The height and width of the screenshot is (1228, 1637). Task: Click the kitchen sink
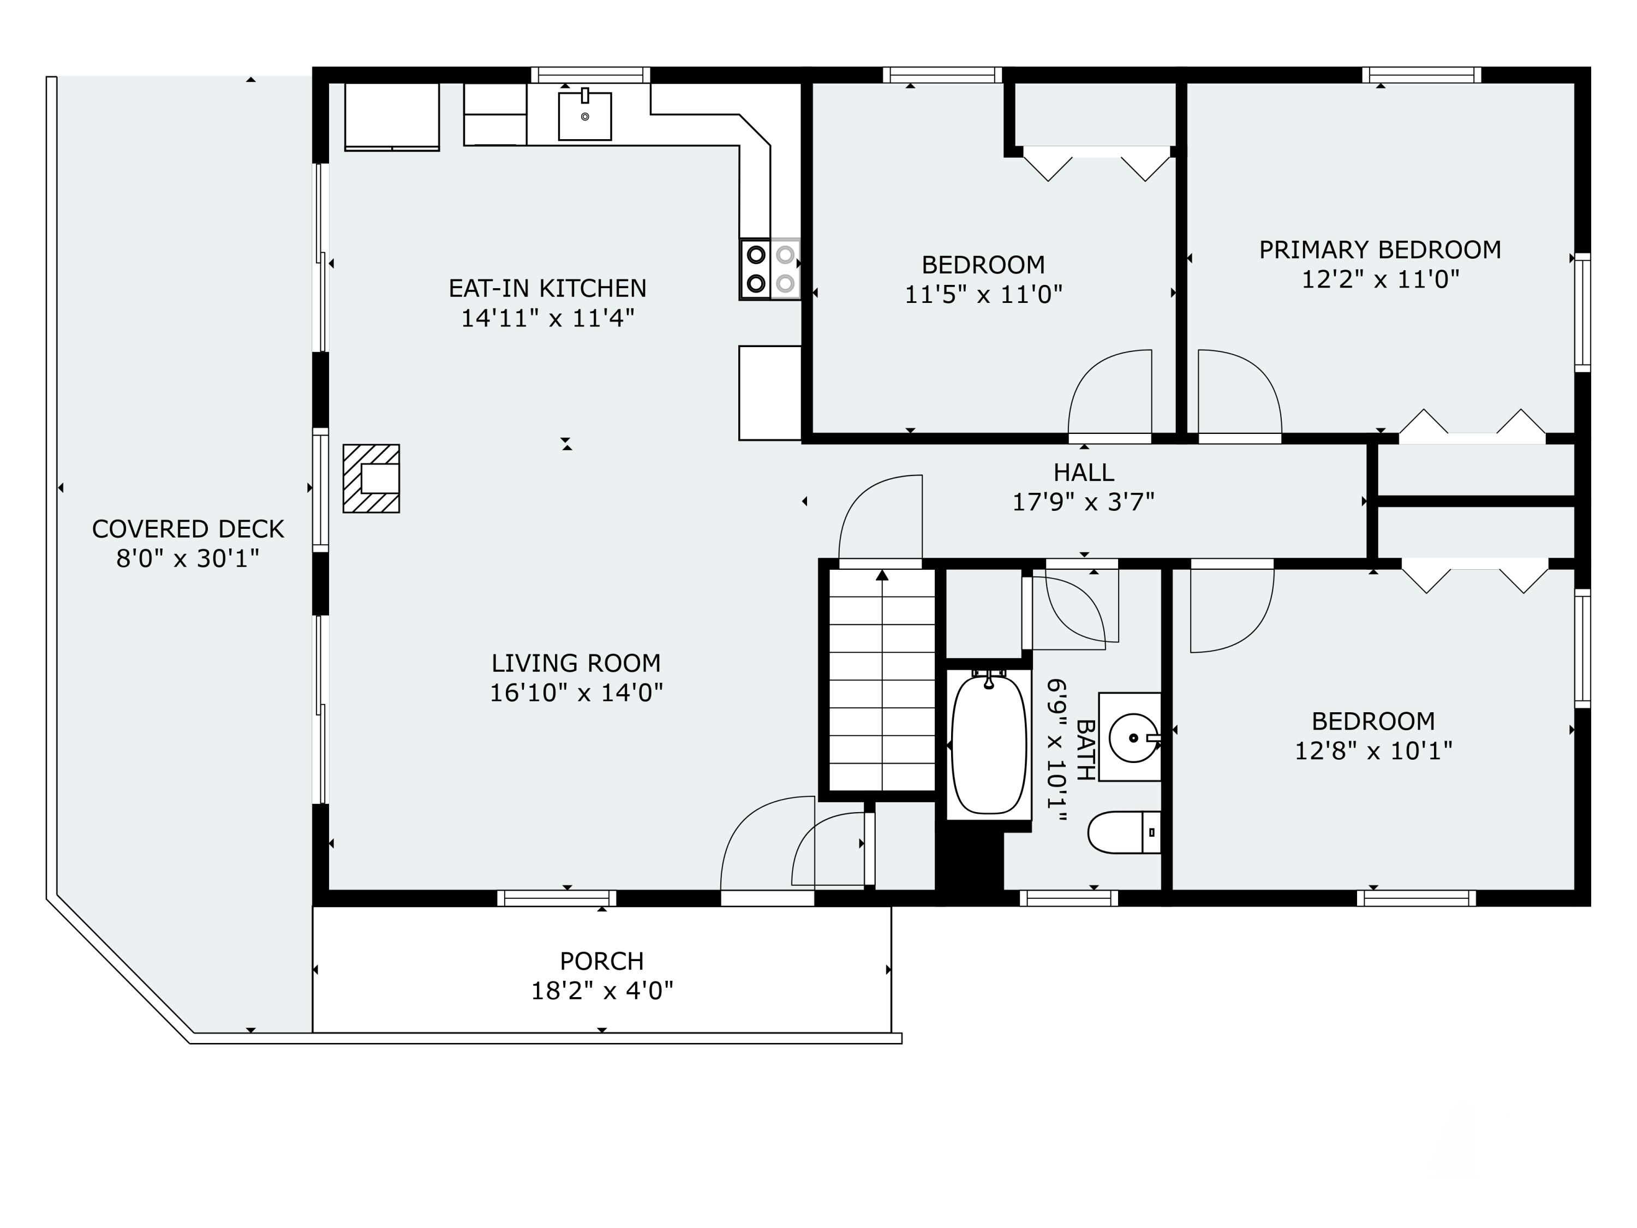coord(584,116)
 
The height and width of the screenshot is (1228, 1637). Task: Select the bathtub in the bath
coord(989,744)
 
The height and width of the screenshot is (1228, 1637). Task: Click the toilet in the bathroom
coord(1124,832)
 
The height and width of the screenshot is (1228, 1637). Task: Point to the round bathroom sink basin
coord(1133,737)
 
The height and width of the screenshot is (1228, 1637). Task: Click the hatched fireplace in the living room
coord(372,478)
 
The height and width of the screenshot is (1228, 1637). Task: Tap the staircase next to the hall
coord(882,679)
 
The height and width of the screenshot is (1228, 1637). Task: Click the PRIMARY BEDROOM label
coord(1380,249)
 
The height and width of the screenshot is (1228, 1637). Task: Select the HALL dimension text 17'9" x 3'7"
coord(1084,502)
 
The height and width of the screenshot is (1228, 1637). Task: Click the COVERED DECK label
coord(188,528)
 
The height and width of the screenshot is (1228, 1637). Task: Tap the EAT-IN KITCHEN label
coord(548,287)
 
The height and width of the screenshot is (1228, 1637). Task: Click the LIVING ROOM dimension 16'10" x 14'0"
coord(577,692)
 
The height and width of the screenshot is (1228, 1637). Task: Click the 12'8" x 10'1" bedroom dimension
coord(1373,750)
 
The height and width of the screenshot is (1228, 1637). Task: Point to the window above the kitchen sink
coord(590,75)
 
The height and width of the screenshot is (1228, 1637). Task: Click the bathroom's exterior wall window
coord(1068,898)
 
